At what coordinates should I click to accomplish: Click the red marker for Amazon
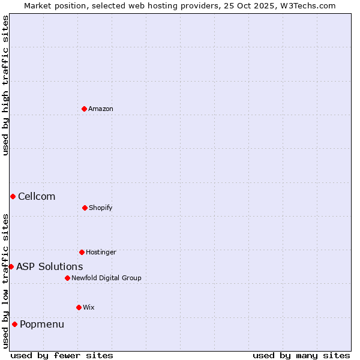[x=84, y=109]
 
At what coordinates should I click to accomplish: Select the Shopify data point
[x=85, y=208]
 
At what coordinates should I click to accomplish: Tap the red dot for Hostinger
[x=82, y=252]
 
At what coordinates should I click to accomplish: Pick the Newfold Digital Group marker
[x=67, y=278]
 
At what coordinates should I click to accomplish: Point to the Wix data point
[x=79, y=307]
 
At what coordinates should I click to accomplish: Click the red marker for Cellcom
[x=13, y=196]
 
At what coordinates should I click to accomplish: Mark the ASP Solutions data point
[x=11, y=266]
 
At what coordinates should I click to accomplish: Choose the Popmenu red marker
[x=14, y=324]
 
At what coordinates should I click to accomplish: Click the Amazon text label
[x=101, y=109]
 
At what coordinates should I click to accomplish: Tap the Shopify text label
[x=101, y=208]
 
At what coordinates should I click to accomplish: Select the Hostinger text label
[x=101, y=252]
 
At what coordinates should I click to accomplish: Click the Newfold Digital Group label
[x=106, y=278]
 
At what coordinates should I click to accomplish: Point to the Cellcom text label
[x=37, y=196]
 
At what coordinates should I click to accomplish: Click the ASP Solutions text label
[x=50, y=266]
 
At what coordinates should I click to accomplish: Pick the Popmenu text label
[x=42, y=324]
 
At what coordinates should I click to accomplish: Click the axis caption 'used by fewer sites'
[x=62, y=355]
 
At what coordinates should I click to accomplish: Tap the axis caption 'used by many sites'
[x=301, y=355]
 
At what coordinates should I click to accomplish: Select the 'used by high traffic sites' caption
[x=5, y=85]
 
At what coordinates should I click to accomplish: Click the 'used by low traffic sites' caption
[x=5, y=281]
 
